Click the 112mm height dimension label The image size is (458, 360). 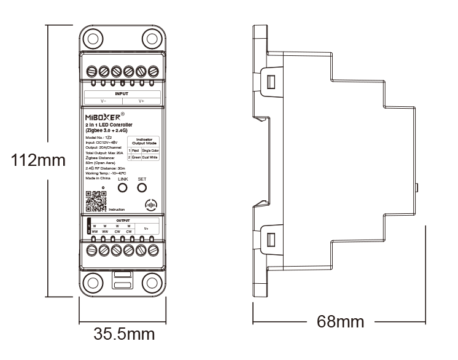38,161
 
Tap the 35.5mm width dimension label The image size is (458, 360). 123,335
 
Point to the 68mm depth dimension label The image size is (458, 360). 340,321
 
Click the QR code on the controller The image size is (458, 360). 96,201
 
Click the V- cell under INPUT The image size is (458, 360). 104,100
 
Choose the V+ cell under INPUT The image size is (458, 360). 141,100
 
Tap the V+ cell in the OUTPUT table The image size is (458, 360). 146,228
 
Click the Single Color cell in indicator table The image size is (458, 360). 150,150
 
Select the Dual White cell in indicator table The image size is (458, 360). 150,158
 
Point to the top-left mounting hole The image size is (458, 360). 92,39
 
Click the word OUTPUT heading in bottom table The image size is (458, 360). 123,220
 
